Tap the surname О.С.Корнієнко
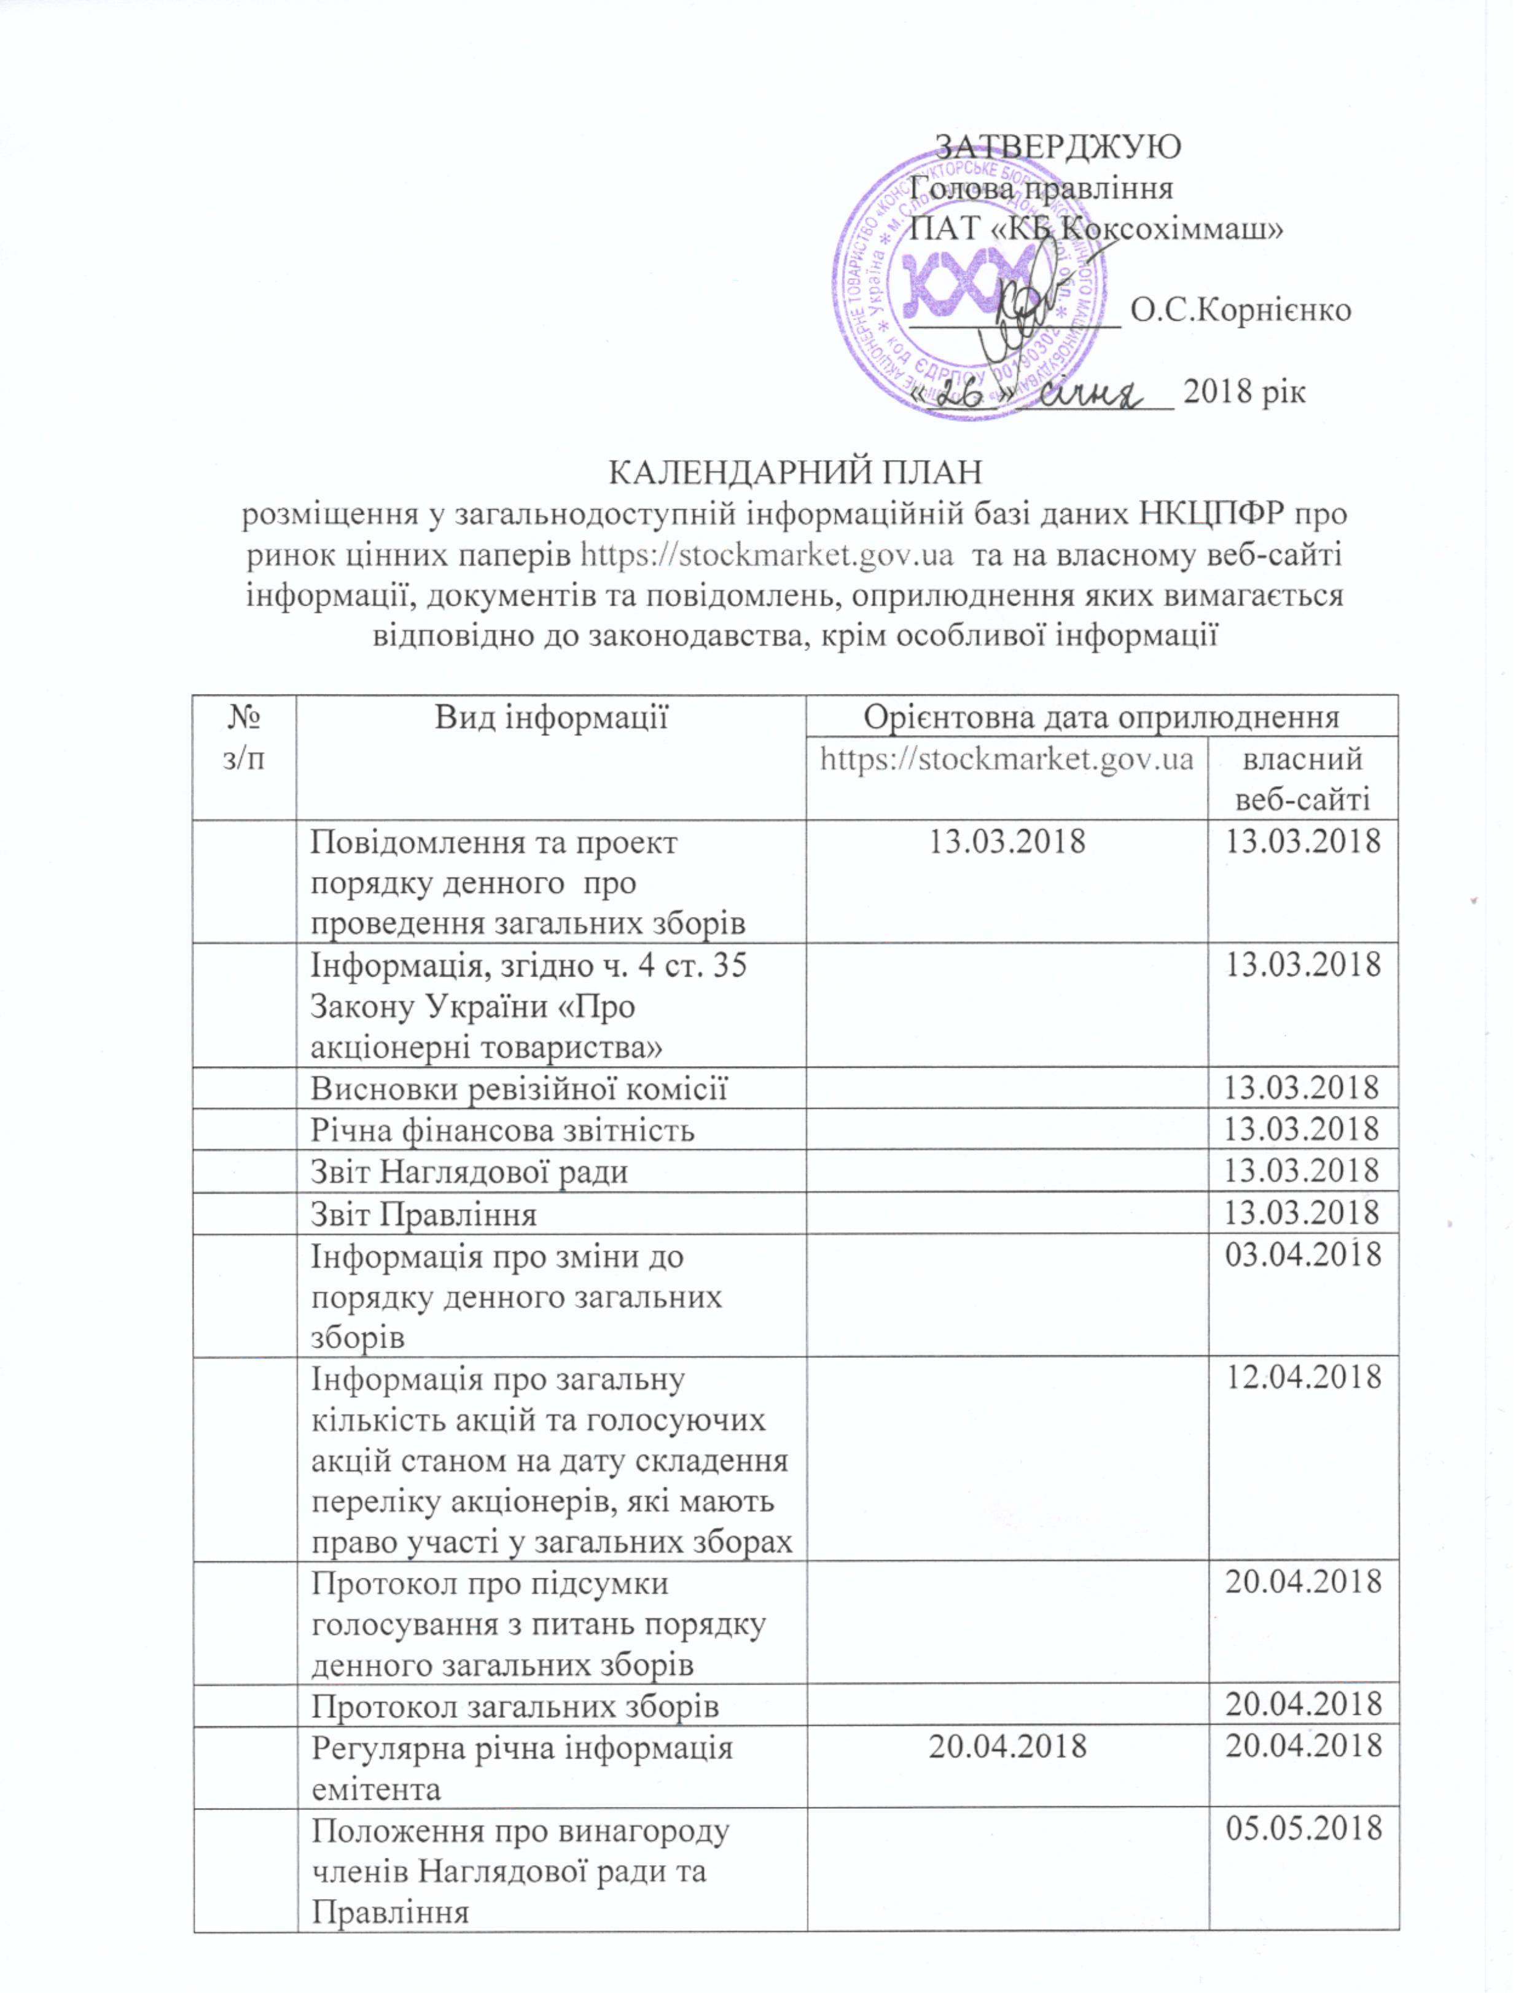click(1241, 310)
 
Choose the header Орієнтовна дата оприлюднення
click(1101, 717)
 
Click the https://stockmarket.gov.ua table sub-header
click(1006, 759)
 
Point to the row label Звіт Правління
click(424, 1214)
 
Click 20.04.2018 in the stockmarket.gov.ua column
click(1007, 1745)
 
